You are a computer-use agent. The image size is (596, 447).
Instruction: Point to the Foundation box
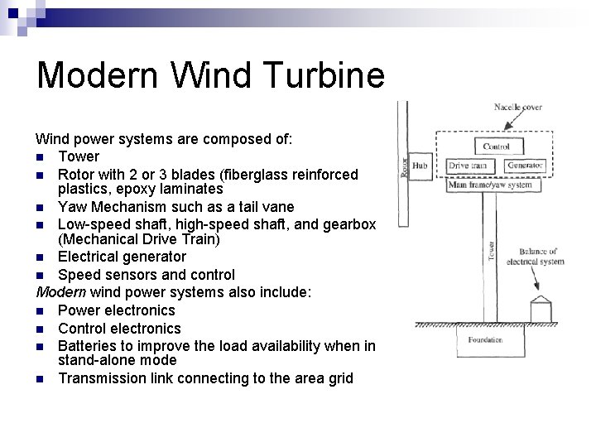[x=484, y=339]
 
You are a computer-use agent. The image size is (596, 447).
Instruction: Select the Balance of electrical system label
[x=541, y=256]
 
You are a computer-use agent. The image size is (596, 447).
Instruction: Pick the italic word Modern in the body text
[x=61, y=292]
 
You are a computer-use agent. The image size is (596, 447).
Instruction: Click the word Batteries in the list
[x=87, y=345]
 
